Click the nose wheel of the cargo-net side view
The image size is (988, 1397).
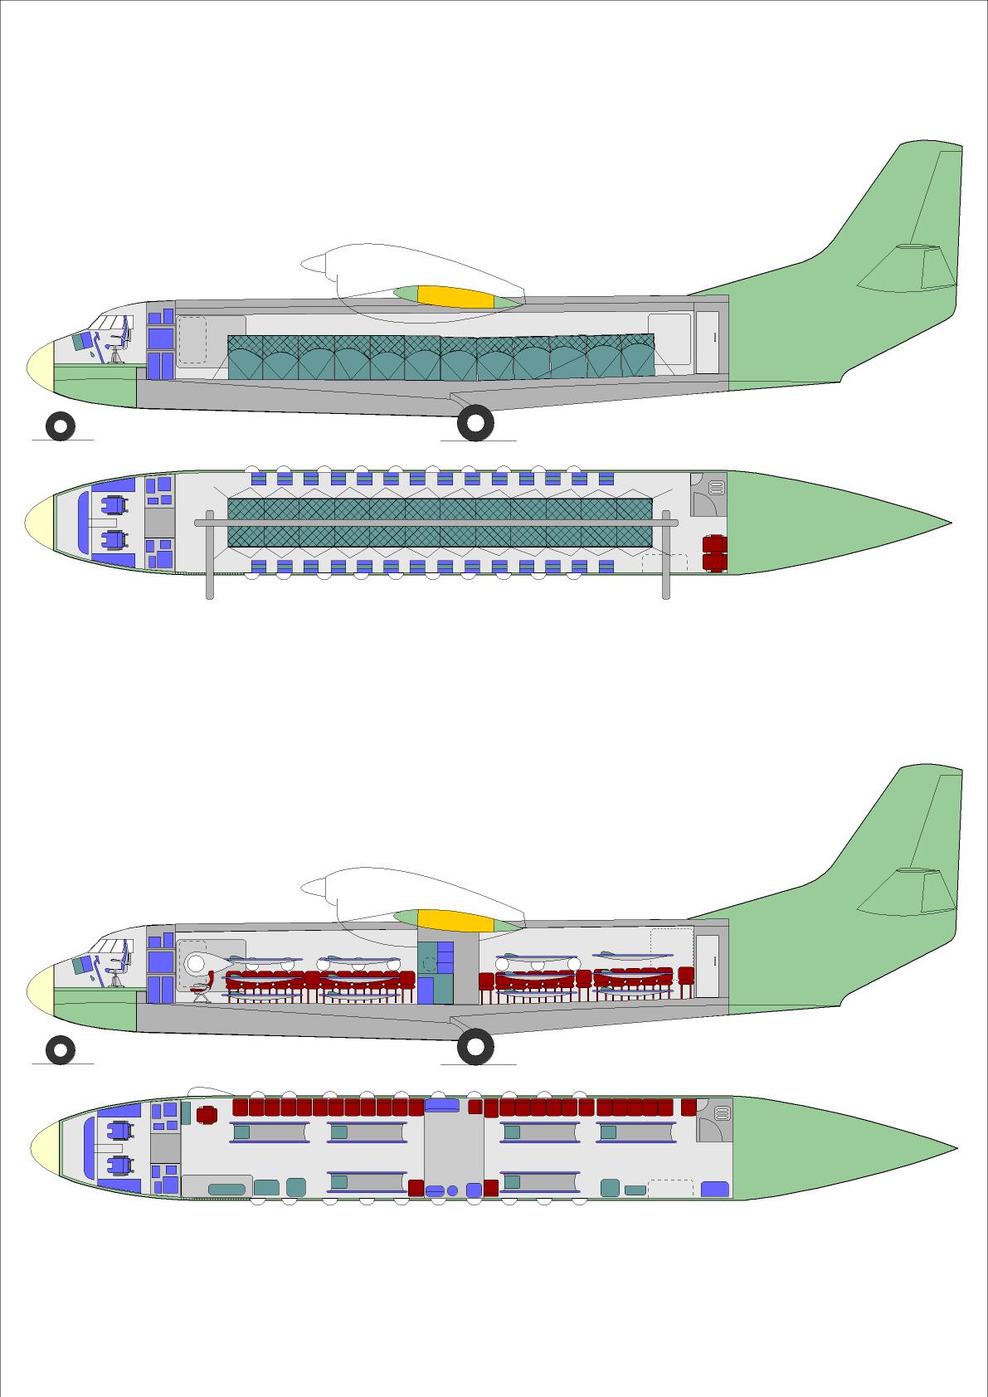pyautogui.click(x=61, y=426)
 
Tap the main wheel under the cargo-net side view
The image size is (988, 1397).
pyautogui.click(x=475, y=423)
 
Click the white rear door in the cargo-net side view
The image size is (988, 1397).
pyautogui.click(x=707, y=342)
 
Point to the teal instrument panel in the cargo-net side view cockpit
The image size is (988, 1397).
pyautogui.click(x=83, y=341)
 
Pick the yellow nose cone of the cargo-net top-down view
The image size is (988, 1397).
pyautogui.click(x=38, y=523)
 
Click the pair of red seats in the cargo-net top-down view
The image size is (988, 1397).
pyautogui.click(x=714, y=553)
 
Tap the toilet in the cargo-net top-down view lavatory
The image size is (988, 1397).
pyautogui.click(x=716, y=488)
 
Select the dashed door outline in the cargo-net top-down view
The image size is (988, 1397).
pyautogui.click(x=665, y=563)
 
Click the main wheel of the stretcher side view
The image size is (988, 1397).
pyautogui.click(x=475, y=1047)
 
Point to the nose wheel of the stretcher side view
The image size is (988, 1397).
pyautogui.click(x=61, y=1050)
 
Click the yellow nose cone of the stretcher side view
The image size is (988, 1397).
pyautogui.click(x=39, y=989)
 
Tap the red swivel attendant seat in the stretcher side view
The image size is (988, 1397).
pyautogui.click(x=199, y=987)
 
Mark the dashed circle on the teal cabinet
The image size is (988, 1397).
pyautogui.click(x=429, y=964)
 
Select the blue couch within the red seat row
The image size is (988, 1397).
pyautogui.click(x=441, y=1105)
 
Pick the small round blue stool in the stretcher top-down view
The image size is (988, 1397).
pyautogui.click(x=452, y=1190)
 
